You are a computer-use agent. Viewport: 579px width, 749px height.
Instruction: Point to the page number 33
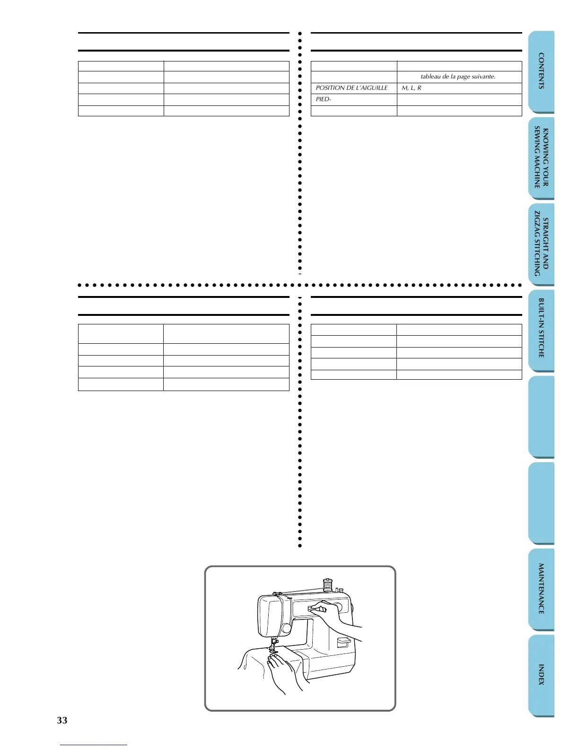click(62, 720)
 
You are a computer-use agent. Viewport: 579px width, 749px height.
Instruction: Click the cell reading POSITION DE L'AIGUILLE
click(352, 88)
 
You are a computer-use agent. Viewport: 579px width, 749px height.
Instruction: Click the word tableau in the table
click(430, 77)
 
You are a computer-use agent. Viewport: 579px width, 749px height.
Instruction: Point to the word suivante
click(483, 77)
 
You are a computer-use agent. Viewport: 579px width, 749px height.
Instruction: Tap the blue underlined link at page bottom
click(94, 745)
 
